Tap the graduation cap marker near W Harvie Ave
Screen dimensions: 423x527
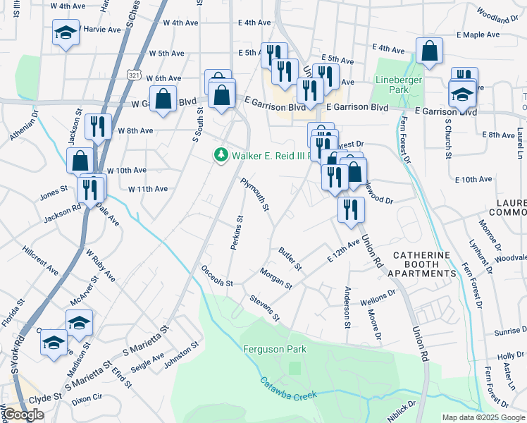(x=66, y=33)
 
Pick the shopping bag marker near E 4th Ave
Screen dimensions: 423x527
(x=429, y=51)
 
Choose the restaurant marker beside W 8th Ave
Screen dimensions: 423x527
(x=97, y=128)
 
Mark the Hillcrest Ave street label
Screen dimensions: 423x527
(x=40, y=259)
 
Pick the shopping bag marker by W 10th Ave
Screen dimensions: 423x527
(x=80, y=160)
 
